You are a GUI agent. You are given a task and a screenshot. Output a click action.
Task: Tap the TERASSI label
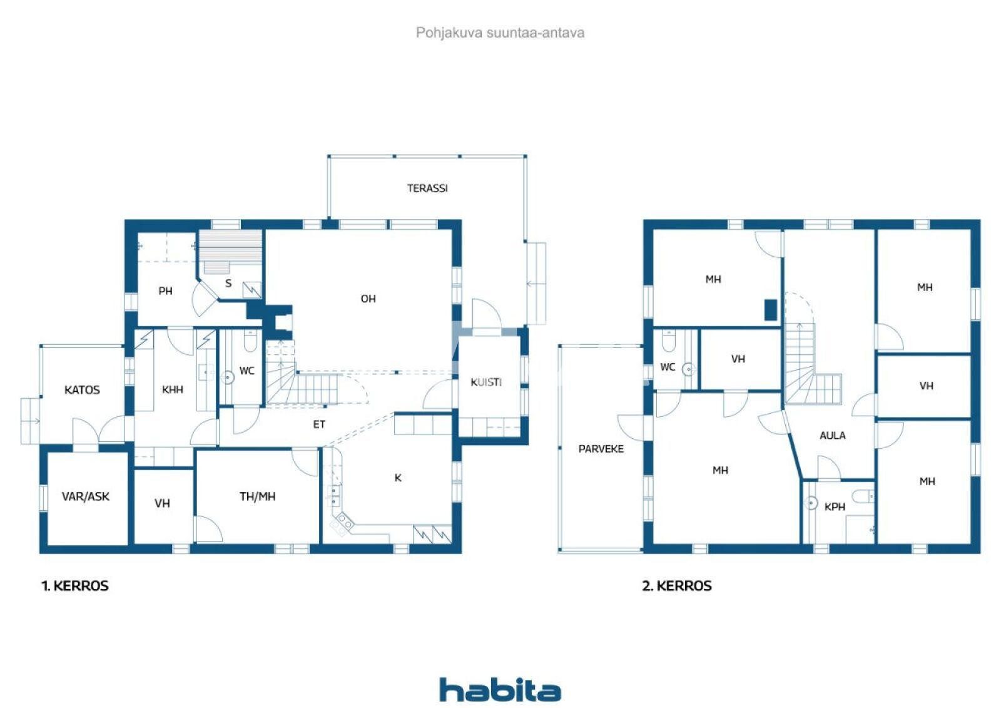coord(427,188)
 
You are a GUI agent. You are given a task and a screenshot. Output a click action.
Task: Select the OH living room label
coord(368,299)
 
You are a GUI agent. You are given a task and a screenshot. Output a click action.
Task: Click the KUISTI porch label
coord(485,382)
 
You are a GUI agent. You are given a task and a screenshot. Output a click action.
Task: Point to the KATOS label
coord(82,390)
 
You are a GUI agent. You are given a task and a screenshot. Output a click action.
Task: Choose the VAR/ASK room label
coord(86,496)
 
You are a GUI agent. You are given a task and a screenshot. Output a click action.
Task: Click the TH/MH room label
coord(257,496)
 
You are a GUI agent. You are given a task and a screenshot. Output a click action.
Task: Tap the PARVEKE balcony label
coord(601,449)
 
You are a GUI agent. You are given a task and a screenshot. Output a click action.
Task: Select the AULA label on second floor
coord(832,435)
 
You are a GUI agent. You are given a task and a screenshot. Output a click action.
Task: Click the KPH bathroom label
coord(835,506)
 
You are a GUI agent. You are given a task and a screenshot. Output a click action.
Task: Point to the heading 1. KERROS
coord(75,586)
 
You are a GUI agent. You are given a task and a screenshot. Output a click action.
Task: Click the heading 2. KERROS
coord(677,586)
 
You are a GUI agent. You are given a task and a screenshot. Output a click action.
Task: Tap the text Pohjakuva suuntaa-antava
coord(500,33)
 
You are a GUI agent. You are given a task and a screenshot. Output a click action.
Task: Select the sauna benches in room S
coord(231,250)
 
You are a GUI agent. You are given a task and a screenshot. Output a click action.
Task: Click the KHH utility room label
coord(173,389)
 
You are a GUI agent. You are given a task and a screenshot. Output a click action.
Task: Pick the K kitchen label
coord(397,478)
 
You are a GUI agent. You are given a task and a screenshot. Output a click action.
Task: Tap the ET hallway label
coord(319,424)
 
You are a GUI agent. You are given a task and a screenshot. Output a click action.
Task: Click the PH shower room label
coord(165,290)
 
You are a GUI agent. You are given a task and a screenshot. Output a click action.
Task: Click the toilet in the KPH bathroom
coord(862,496)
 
